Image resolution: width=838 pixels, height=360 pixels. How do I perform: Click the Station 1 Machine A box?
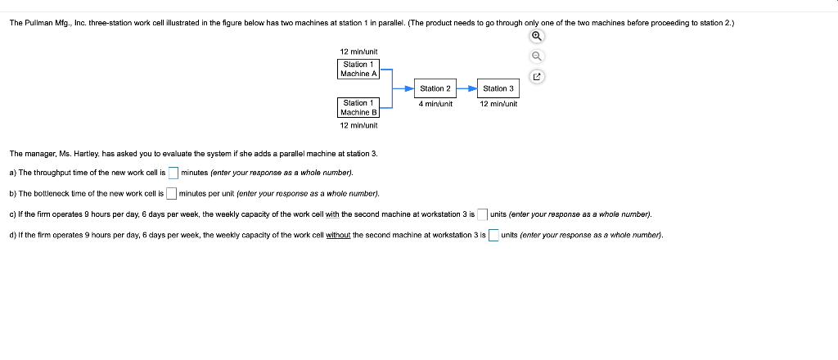click(x=358, y=69)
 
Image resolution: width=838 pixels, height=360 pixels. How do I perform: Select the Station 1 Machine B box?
click(x=358, y=107)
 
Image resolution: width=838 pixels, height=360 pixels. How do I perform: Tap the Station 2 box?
click(x=435, y=88)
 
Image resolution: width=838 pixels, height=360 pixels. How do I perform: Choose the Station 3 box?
click(x=498, y=88)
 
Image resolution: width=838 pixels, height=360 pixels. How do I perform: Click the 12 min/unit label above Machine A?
click(x=358, y=52)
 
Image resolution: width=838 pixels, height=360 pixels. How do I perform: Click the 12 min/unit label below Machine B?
click(x=358, y=125)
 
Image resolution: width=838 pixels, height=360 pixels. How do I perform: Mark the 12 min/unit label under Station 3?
click(x=498, y=104)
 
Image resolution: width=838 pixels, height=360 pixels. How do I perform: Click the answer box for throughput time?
click(x=173, y=173)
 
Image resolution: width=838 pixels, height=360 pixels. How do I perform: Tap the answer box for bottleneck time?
click(x=171, y=194)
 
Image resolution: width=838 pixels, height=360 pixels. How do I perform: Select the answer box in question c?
click(x=483, y=214)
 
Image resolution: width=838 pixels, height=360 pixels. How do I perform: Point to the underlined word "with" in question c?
click(x=332, y=214)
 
